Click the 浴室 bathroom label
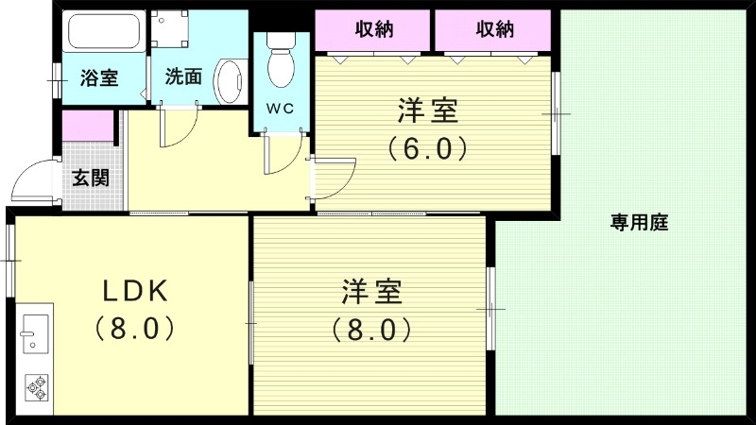99,78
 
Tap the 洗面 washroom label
182,77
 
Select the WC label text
280,108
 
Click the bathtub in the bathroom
103,36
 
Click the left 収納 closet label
374,29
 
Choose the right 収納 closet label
494,29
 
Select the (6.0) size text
428,148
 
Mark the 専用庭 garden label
639,223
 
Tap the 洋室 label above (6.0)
428,111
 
